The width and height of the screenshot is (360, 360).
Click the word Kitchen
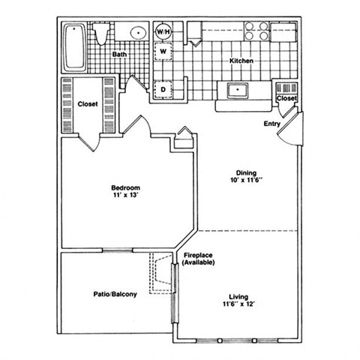241,61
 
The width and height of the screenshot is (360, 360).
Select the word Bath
119,55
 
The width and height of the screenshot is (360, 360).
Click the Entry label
271,124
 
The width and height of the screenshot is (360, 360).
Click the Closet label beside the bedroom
88,105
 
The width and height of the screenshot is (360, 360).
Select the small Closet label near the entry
286,98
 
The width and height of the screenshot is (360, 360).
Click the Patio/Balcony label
115,294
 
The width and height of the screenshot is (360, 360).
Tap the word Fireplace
199,256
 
